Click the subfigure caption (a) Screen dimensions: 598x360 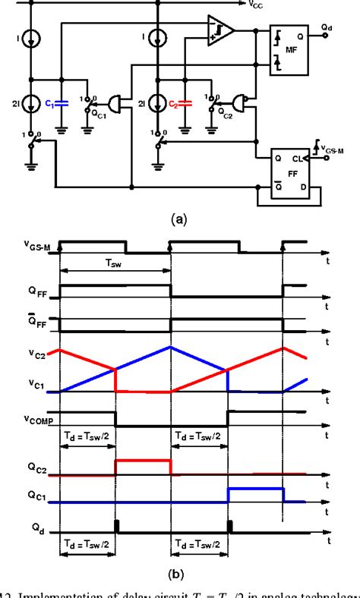pos(179,219)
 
